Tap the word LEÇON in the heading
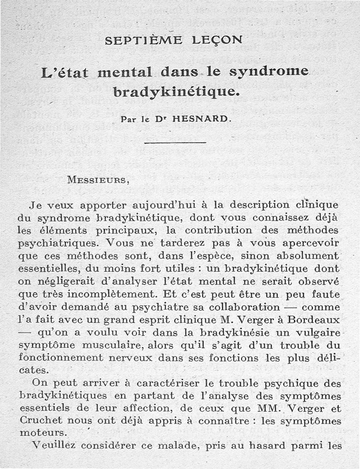217,40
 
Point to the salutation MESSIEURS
98,180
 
